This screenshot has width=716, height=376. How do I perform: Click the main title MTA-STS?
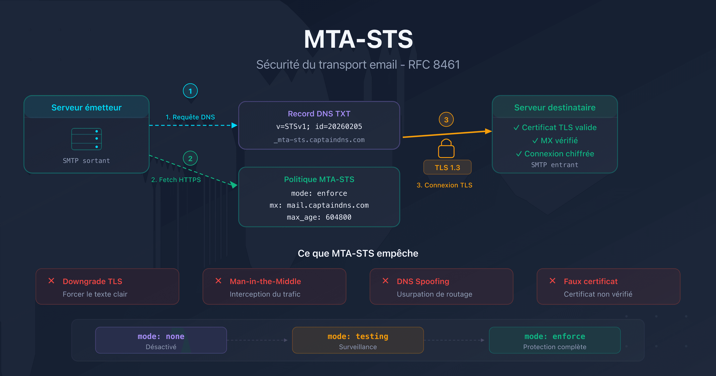click(358, 40)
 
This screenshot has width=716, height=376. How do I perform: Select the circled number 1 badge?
click(190, 91)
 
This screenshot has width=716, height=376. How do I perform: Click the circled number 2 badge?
click(190, 159)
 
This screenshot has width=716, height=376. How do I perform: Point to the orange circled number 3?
click(446, 120)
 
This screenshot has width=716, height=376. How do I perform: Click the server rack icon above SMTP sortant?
click(87, 139)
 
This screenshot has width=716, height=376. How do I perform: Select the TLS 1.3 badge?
click(447, 168)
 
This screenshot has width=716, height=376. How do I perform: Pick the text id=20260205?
click(339, 127)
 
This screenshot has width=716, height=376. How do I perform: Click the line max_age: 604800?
click(319, 217)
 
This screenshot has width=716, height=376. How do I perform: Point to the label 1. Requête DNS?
click(190, 117)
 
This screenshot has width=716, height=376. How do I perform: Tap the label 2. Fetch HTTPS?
click(176, 180)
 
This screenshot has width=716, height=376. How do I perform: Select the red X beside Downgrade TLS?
click(52, 281)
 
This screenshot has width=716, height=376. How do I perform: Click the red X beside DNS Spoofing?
click(385, 281)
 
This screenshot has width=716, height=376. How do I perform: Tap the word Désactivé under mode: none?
click(161, 347)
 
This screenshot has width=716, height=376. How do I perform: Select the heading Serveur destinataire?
click(555, 108)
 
